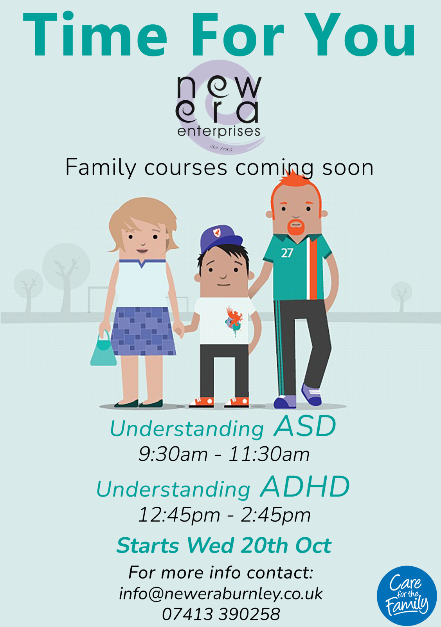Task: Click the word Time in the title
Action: coord(95,34)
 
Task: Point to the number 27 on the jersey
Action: coord(287,253)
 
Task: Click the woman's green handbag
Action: coord(103,348)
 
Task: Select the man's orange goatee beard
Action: coord(297,227)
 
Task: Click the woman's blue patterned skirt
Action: coord(143,331)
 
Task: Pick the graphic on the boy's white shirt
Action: coord(234,321)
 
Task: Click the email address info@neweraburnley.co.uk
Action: coord(221,594)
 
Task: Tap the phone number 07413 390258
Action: coord(221,614)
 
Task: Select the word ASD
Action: coord(304,426)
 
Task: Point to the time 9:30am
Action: coord(173,454)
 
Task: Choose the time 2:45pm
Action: coord(275,515)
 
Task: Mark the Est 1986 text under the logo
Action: coord(221,148)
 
